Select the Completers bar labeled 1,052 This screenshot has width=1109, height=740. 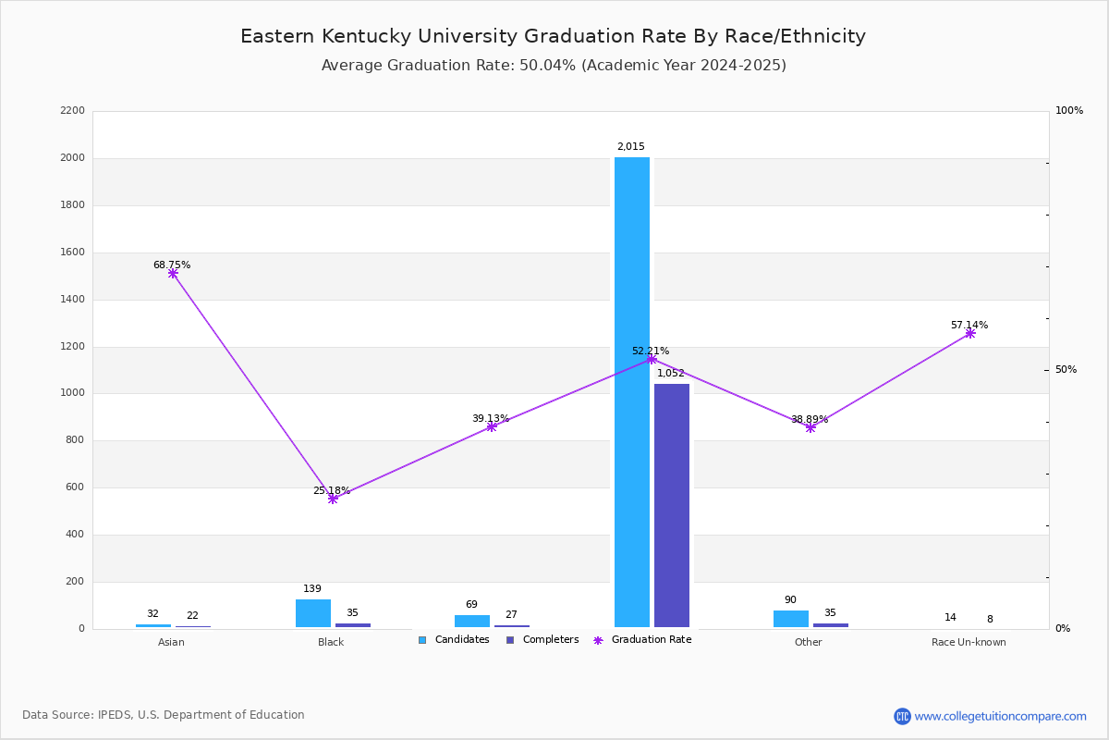point(672,505)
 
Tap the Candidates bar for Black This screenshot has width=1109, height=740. point(313,613)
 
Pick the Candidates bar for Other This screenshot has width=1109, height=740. point(791,619)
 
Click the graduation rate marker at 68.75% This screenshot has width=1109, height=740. point(173,274)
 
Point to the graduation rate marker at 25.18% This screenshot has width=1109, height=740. point(333,499)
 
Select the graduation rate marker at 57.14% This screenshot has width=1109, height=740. point(969,333)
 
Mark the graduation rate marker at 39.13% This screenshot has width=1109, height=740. point(492,426)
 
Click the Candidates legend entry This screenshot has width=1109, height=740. point(454,640)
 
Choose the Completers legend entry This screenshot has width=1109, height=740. point(542,640)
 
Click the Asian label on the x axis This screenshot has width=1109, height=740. point(171,643)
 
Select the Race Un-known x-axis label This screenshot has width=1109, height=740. point(969,643)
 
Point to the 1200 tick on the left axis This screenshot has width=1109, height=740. point(72,347)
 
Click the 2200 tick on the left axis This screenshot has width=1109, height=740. point(72,111)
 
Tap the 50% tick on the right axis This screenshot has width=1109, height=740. point(1066,370)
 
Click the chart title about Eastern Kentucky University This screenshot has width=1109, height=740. point(553,37)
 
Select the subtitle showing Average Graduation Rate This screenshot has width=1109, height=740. point(554,66)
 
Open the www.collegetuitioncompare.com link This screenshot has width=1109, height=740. point(1000,716)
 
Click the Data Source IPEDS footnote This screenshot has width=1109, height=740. point(164,715)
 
